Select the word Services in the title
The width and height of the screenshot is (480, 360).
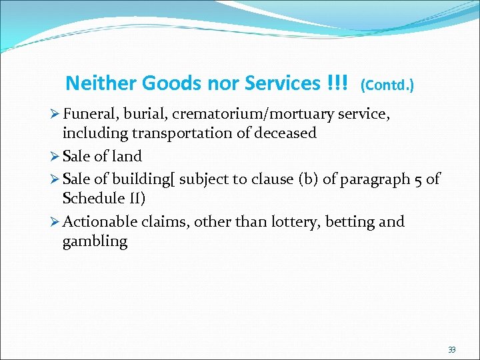(x=283, y=83)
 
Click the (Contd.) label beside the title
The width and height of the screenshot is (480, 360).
(x=387, y=85)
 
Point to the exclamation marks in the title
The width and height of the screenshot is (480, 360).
(x=337, y=83)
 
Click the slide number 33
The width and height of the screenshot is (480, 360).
(x=452, y=349)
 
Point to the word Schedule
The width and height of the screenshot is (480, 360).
(x=92, y=198)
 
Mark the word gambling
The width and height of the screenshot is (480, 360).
(x=95, y=241)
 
